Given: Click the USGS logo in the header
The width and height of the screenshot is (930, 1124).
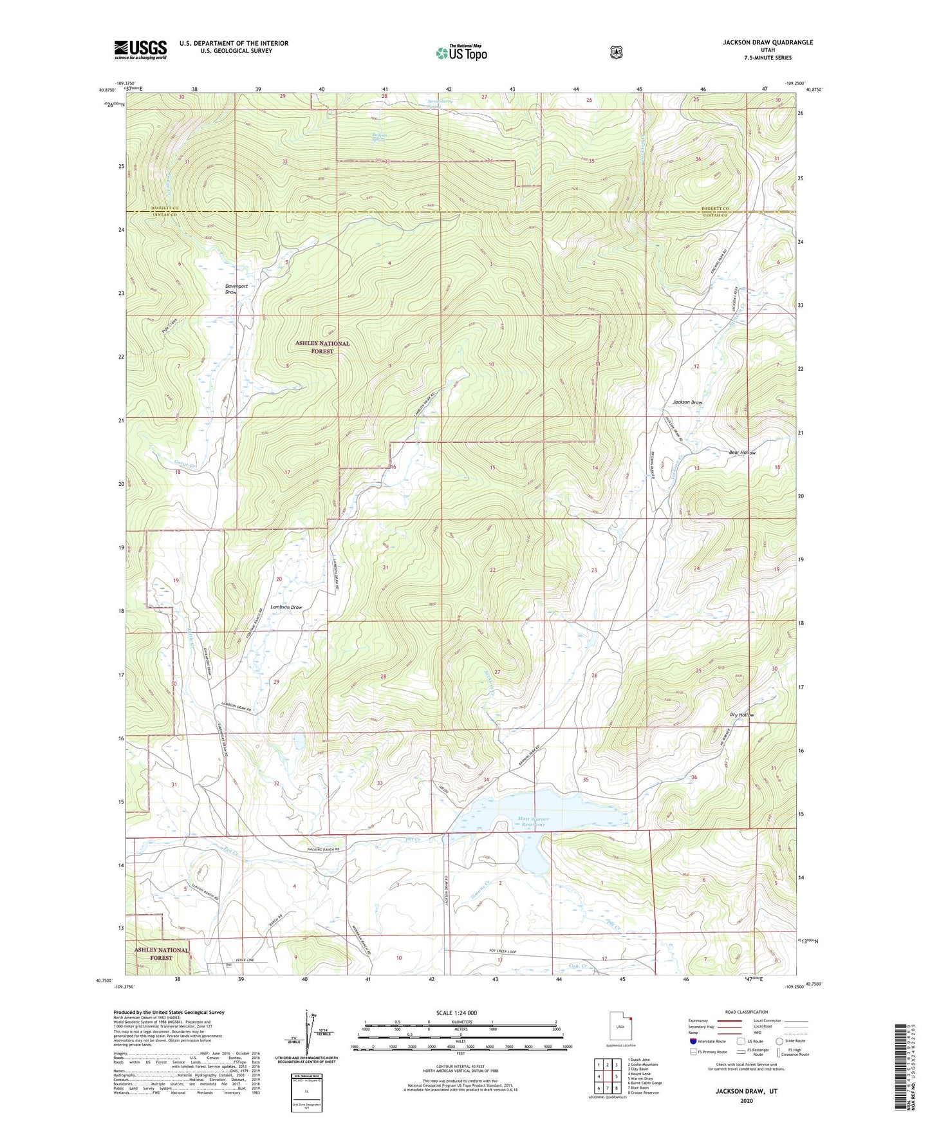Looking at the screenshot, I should pos(140,50).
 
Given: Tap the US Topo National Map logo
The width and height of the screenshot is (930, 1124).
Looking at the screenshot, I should pos(461,53).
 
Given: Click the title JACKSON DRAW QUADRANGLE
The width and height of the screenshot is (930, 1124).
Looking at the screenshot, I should pos(767,42).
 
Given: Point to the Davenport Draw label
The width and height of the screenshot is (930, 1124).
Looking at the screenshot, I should pos(236,288).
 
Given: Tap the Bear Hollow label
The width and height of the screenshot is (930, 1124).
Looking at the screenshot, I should pos(742,453).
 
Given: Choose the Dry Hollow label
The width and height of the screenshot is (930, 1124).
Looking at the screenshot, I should pos(741,715).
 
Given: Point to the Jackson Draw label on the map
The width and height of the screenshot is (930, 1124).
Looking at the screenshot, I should pos(687,402).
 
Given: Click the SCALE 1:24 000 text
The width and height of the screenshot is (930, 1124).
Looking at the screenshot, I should pos(456,1013).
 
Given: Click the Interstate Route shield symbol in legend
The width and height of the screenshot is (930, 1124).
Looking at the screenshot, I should pos(693,1041).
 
